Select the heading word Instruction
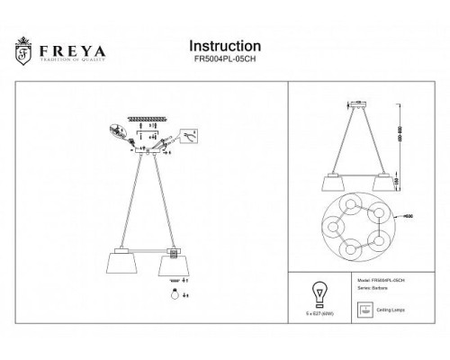[x=225, y=45]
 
